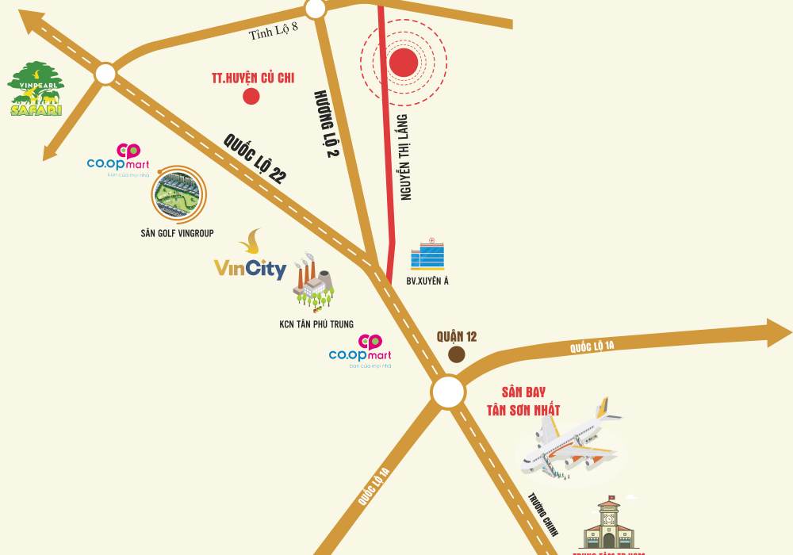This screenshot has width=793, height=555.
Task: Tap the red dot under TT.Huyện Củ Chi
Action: pyautogui.click(x=251, y=97)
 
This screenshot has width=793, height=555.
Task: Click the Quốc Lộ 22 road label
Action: pyautogui.click(x=254, y=159)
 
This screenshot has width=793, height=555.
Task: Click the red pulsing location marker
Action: pyautogui.click(x=404, y=63)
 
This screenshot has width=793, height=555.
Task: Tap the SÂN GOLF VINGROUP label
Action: pyautogui.click(x=176, y=233)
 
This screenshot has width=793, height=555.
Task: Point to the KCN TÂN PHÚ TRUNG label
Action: pyautogui.click(x=316, y=324)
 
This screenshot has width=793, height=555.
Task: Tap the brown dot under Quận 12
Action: pyautogui.click(x=457, y=354)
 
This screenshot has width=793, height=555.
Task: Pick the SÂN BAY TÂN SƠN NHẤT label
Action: pyautogui.click(x=523, y=401)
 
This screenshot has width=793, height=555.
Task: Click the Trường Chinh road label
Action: pyautogui.click(x=544, y=515)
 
